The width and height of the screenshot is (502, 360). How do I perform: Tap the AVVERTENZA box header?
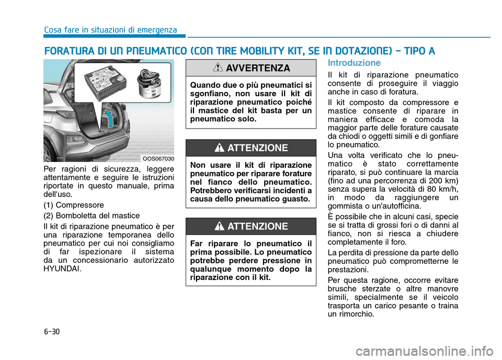tap(250, 68)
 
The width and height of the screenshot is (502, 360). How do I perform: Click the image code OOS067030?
tap(158, 158)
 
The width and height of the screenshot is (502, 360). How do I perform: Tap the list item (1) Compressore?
tap(75, 205)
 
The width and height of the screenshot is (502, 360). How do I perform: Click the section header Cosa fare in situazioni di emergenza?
tap(110, 30)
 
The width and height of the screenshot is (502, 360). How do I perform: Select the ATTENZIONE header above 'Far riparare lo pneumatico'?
tap(250, 226)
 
